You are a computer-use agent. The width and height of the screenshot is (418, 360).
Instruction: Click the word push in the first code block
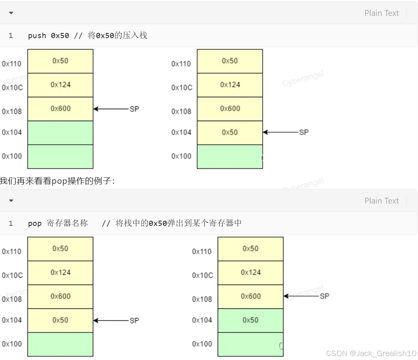(x=37, y=36)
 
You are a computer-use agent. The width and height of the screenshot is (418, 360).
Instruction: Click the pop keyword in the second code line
(x=35, y=223)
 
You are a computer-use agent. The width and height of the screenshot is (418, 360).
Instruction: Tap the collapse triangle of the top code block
(x=11, y=13)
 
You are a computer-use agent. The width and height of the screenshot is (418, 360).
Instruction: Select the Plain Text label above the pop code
(x=381, y=201)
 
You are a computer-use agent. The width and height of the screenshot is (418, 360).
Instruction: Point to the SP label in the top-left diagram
(x=134, y=109)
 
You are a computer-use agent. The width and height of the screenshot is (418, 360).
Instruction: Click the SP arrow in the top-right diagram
(x=281, y=132)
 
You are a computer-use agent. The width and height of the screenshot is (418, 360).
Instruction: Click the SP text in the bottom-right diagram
(x=324, y=296)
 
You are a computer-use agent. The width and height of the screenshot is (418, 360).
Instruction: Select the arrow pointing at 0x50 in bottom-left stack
(x=111, y=320)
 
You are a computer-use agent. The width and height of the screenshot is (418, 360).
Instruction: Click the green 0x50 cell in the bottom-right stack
(x=251, y=320)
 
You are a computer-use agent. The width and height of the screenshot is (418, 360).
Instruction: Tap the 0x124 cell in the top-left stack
(x=60, y=85)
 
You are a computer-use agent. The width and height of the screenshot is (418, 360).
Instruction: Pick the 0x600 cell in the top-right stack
(x=230, y=109)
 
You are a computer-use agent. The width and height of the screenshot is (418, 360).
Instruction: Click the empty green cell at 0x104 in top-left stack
(x=60, y=133)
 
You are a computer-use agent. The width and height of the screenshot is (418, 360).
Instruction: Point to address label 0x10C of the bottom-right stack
(x=202, y=275)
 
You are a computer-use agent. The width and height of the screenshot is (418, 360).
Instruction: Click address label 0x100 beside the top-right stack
(x=181, y=156)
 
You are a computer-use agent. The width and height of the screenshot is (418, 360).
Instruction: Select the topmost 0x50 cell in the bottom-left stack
(x=60, y=249)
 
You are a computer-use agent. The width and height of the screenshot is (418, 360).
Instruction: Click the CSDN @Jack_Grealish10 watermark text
(x=371, y=353)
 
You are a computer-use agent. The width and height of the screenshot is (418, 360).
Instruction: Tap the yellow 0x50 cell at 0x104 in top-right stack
(x=230, y=133)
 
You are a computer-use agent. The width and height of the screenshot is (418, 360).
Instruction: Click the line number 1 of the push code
(x=11, y=36)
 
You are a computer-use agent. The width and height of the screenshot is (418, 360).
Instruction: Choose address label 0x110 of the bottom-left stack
(x=12, y=252)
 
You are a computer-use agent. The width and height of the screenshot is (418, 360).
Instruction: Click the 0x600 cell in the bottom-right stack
(x=251, y=296)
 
